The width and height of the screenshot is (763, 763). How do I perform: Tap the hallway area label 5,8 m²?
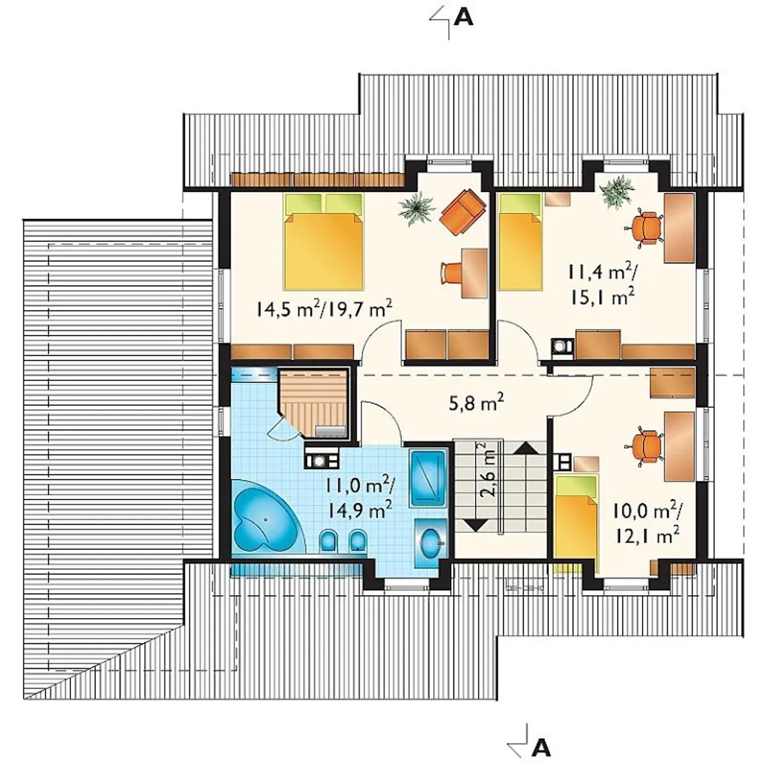[476, 405]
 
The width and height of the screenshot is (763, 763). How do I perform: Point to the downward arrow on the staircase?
[476, 525]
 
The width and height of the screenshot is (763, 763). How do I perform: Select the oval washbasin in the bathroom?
[431, 539]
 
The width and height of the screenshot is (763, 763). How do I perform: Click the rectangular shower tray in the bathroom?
[428, 477]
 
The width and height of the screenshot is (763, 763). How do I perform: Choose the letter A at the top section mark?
[463, 17]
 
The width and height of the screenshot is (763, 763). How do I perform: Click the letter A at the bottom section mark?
[541, 748]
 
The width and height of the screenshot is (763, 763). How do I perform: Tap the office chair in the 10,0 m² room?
[644, 445]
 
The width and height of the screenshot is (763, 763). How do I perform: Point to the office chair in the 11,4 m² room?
[644, 227]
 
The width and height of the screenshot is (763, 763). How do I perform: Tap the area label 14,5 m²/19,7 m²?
[324, 309]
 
